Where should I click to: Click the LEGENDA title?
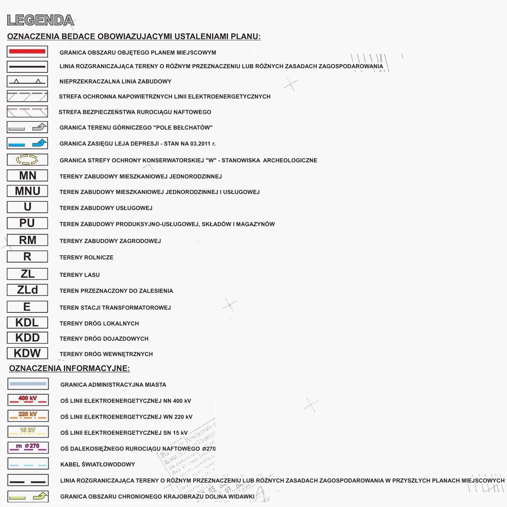tap(40, 20)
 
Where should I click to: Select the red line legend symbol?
tap(27, 52)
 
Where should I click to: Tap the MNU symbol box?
tap(27, 191)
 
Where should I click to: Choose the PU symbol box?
tap(27, 223)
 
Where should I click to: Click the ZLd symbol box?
tap(27, 290)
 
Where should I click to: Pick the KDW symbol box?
tap(27, 353)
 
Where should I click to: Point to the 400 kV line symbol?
tap(28, 400)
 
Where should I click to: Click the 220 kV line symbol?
tap(28, 415)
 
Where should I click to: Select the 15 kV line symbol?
tap(28, 432)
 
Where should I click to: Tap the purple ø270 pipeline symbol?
tap(28, 447)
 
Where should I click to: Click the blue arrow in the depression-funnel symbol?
tap(40, 143)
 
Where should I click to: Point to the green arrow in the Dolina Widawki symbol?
tap(40, 497)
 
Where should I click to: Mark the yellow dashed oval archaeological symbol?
tap(27, 159)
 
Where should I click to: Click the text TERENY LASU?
tap(79, 275)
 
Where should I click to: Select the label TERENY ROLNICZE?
tap(86, 257)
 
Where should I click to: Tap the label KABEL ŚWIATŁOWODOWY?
tap(97, 465)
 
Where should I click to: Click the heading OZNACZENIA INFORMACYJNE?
tap(69, 368)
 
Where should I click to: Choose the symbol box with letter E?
tap(27, 307)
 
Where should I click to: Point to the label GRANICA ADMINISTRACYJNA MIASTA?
tap(113, 385)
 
